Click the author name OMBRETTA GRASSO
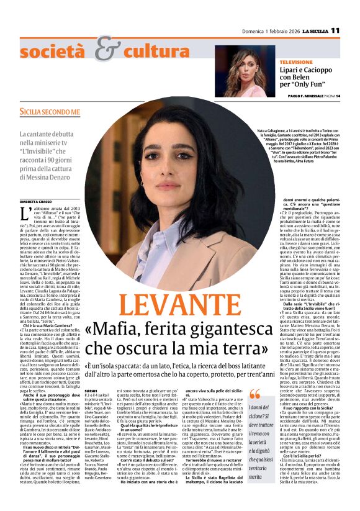tap(37, 200)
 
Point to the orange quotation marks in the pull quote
tap(254, 395)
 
